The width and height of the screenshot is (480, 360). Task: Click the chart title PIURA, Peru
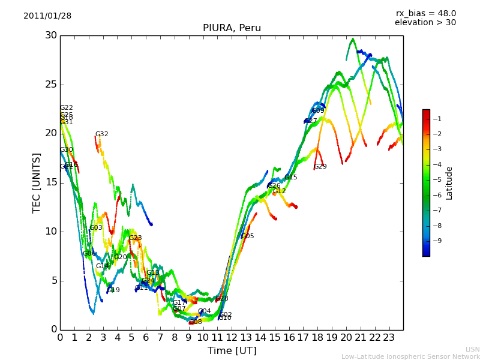[232, 28]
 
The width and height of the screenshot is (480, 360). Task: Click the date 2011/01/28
[47, 16]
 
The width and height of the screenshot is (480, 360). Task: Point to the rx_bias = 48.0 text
[425, 14]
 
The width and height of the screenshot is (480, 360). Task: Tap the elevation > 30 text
[425, 23]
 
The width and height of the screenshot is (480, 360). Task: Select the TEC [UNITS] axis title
[37, 182]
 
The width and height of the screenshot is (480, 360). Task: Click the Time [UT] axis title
[232, 351]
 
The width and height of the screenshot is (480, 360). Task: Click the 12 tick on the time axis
[232, 337]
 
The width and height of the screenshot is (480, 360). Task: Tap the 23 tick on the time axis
[389, 337]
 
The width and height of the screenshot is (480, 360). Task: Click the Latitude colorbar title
[449, 183]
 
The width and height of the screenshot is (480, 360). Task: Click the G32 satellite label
[102, 134]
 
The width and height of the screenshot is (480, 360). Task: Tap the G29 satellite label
[320, 167]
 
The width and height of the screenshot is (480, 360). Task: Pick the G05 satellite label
[248, 236]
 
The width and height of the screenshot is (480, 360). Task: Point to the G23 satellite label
[136, 238]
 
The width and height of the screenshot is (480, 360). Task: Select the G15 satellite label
[291, 178]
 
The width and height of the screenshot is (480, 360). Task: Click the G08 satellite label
[196, 322]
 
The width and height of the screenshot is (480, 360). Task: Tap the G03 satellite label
[96, 228]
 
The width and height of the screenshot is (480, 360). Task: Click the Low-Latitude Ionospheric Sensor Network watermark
[410, 357]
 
